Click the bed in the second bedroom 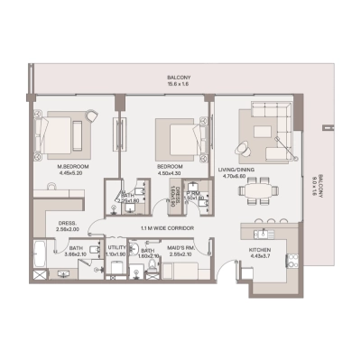coord(177,137)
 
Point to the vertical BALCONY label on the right coord(317,189)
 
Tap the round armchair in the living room coord(245,148)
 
